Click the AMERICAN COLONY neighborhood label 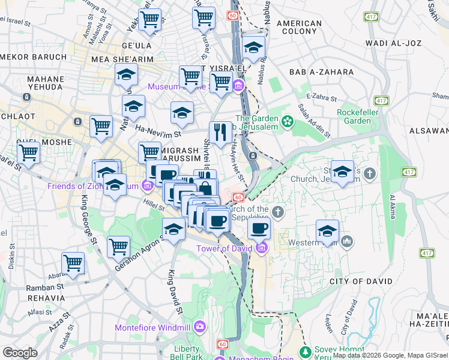click(x=299, y=27)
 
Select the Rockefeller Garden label click(x=363, y=116)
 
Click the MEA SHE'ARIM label click(x=122, y=59)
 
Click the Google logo click(x=20, y=353)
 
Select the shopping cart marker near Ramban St click(x=73, y=262)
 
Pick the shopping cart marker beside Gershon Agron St click(x=119, y=246)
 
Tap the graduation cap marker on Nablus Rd click(x=254, y=46)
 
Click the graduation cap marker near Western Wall click(x=328, y=230)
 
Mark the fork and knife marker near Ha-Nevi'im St click(x=220, y=131)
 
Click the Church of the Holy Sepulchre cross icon click(x=277, y=211)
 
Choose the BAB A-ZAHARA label click(x=321, y=72)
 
